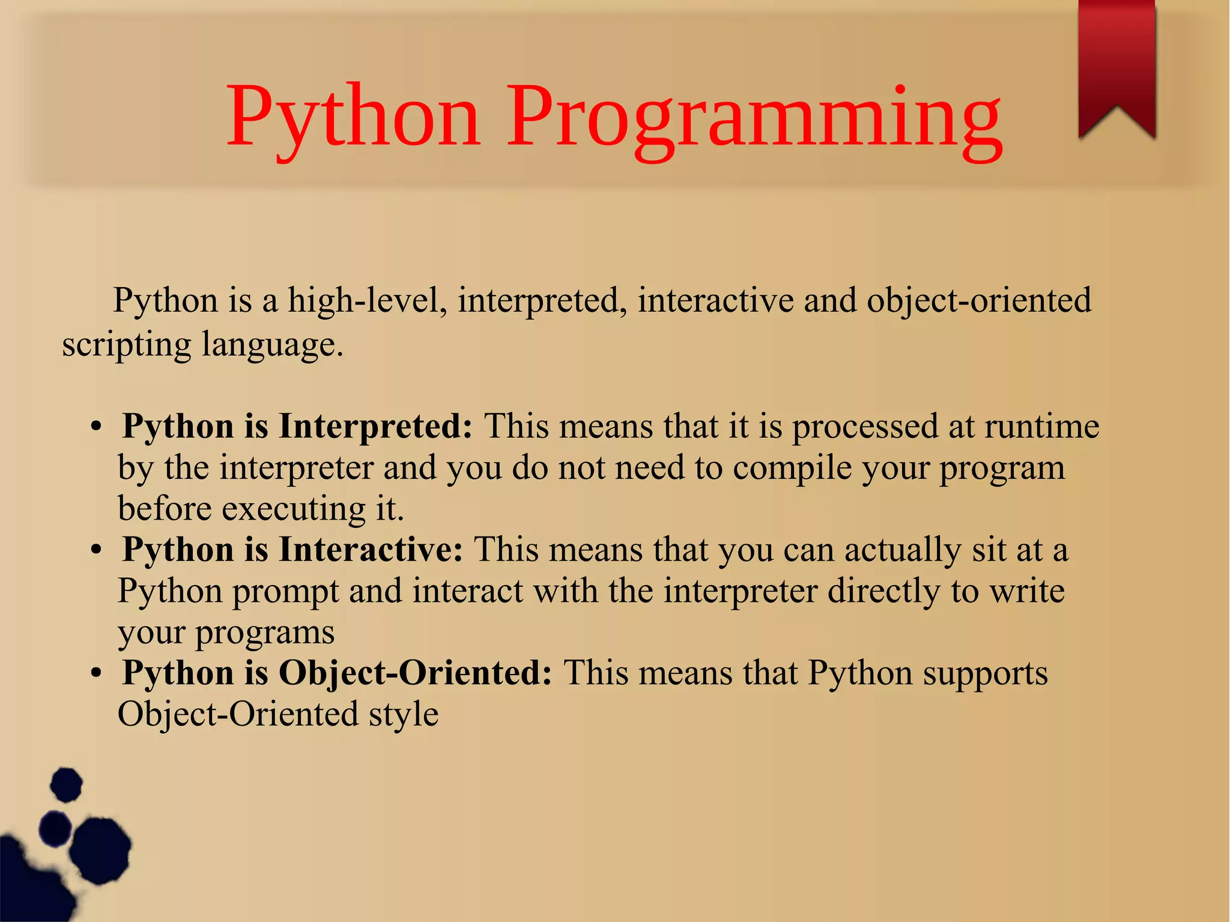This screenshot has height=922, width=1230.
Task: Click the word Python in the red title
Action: point(353,117)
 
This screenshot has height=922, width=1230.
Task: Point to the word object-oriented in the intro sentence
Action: point(978,300)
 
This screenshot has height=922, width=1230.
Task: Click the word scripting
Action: point(126,345)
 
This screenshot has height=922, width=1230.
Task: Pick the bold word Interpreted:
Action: point(375,426)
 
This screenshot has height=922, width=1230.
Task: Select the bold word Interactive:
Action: point(371,550)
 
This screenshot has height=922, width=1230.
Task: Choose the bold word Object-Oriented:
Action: point(415,673)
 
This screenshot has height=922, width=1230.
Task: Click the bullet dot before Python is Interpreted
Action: point(95,428)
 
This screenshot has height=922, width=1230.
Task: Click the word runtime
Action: point(1041,426)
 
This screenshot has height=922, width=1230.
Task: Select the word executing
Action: point(293,509)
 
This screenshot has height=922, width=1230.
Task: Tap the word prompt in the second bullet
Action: point(286,592)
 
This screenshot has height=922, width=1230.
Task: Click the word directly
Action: point(883,592)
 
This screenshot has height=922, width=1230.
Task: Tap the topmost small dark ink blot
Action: point(65,784)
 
